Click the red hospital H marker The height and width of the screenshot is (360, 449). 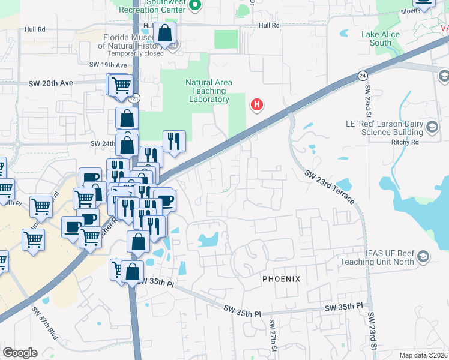pos(257,105)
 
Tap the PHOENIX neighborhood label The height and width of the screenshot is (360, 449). pos(281,280)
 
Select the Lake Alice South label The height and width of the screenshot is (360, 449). pos(381,38)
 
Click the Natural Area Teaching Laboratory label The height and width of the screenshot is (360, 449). pos(208,91)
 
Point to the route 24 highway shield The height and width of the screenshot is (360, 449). pos(363,76)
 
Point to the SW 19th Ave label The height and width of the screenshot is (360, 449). pos(108,65)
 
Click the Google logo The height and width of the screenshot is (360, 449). pos(20,353)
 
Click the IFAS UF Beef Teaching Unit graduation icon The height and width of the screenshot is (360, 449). pos(423,257)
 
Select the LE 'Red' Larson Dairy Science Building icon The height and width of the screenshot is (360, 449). pos(432,127)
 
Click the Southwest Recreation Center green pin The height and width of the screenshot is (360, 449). pos(194,5)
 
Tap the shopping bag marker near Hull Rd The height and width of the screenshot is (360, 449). pos(164,34)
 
